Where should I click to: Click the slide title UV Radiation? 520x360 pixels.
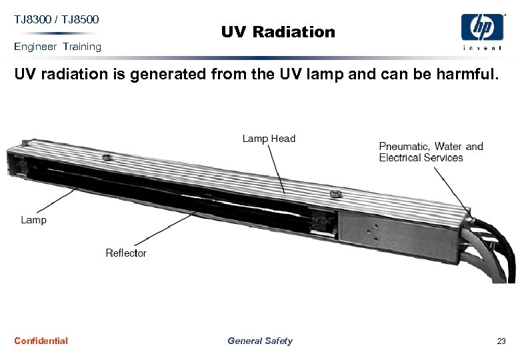pyautogui.click(x=278, y=31)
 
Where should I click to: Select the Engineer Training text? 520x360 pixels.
pyautogui.click(x=57, y=47)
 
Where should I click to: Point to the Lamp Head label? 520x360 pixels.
pyautogui.click(x=269, y=139)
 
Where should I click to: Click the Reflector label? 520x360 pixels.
pyautogui.click(x=125, y=253)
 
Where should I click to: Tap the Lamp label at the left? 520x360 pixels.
pyautogui.click(x=33, y=219)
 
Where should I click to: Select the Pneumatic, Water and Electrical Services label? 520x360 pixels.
pyautogui.click(x=431, y=152)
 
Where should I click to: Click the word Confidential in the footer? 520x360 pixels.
pyautogui.click(x=41, y=341)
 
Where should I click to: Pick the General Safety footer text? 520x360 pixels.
pyautogui.click(x=259, y=341)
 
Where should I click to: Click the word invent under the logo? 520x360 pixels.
pyautogui.click(x=482, y=47)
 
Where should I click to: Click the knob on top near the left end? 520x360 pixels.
pyautogui.click(x=106, y=158)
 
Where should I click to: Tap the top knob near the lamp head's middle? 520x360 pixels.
pyautogui.click(x=335, y=194)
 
